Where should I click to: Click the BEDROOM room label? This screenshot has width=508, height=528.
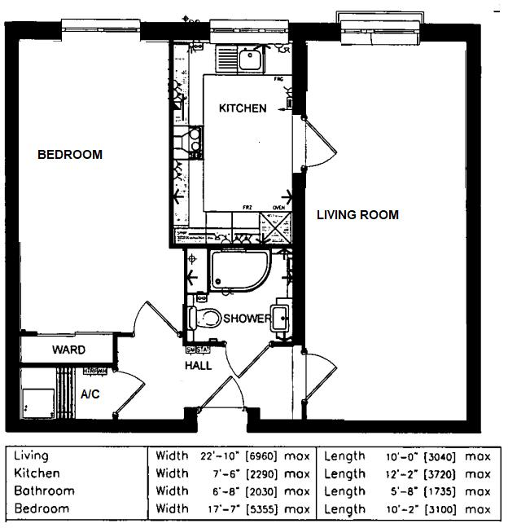pos(70,155)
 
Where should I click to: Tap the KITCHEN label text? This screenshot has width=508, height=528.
pos(242,108)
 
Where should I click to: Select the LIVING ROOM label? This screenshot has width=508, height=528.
pos(357,215)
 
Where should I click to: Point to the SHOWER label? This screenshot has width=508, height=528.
pos(247,319)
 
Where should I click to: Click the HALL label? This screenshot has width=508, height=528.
pos(198,366)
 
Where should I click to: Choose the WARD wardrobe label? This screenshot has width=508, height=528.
pos(69,350)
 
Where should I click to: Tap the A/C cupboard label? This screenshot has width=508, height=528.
pos(90,394)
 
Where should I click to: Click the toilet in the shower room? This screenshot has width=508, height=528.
pos(205,317)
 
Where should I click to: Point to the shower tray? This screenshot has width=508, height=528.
pos(236,271)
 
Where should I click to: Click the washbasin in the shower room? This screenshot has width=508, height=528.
pos(281,317)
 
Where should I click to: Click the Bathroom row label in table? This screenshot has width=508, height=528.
pos(44,491)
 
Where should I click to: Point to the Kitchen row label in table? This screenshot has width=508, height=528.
pos(37,473)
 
